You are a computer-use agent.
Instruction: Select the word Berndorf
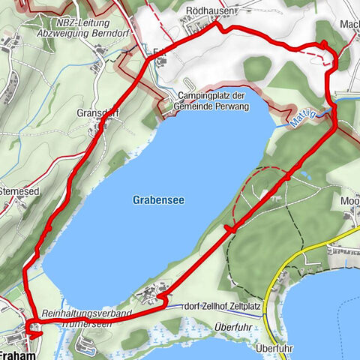[98, 34]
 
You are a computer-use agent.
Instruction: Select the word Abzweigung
[54, 34]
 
